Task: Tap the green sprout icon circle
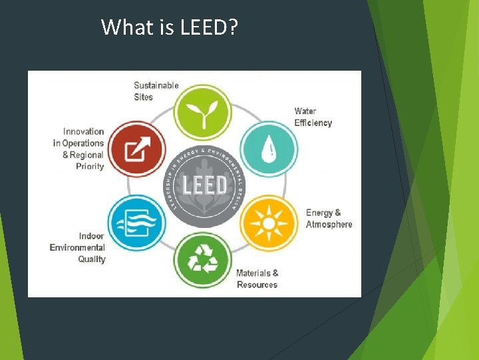[x=202, y=112]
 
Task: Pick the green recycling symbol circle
[x=203, y=260]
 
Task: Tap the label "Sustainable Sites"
[x=156, y=91]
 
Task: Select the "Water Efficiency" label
[x=313, y=117]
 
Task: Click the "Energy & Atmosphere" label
[x=329, y=219]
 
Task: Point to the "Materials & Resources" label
[x=257, y=279]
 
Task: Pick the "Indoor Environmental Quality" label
[x=77, y=247]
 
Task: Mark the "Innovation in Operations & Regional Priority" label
[x=79, y=149]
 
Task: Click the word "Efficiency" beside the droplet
[x=313, y=123]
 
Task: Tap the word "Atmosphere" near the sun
[x=329, y=225]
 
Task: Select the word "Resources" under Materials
[x=257, y=285]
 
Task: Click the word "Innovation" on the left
[x=84, y=131]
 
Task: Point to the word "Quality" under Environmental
[x=92, y=259]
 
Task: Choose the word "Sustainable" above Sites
[x=156, y=85]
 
